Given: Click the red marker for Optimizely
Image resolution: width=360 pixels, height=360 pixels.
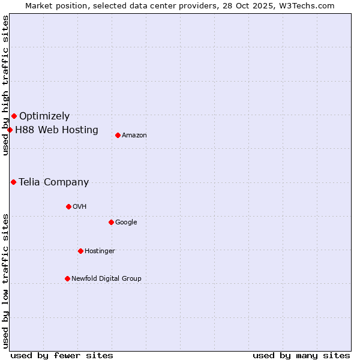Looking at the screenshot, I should (x=14, y=116).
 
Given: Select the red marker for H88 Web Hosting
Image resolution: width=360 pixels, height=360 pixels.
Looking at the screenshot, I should (x=10, y=130).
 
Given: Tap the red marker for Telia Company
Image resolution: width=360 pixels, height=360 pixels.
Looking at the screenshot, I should (x=13, y=182).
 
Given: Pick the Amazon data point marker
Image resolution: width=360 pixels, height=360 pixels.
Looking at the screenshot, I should (x=118, y=135).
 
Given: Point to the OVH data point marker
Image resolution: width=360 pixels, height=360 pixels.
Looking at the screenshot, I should (x=68, y=206).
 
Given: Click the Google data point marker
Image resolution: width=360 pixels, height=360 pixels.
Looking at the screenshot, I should (x=111, y=222).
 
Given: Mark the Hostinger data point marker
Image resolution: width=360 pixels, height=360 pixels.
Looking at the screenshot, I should (x=80, y=251).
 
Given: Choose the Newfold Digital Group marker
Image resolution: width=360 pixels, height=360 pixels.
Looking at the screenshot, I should (x=67, y=278).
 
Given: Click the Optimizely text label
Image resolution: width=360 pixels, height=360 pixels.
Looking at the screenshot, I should (x=44, y=116).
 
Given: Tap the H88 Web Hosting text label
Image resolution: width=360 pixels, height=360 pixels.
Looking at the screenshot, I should (x=56, y=130).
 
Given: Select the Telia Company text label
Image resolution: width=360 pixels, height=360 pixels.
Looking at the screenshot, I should (x=53, y=182).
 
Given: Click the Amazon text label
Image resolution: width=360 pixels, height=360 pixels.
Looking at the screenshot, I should (x=134, y=136).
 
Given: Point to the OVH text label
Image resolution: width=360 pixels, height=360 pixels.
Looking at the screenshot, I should (x=80, y=207).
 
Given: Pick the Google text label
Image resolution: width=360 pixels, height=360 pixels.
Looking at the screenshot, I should (x=126, y=223).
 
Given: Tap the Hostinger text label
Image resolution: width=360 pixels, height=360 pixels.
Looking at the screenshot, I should (x=100, y=251).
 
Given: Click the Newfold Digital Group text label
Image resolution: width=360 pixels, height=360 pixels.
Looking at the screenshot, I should (x=106, y=279).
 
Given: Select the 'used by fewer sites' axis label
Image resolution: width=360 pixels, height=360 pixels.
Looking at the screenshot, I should (x=62, y=355).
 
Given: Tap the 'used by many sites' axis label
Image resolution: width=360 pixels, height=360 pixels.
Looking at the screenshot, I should (x=301, y=355).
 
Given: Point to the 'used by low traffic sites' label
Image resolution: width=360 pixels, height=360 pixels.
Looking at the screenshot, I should (x=5, y=281).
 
